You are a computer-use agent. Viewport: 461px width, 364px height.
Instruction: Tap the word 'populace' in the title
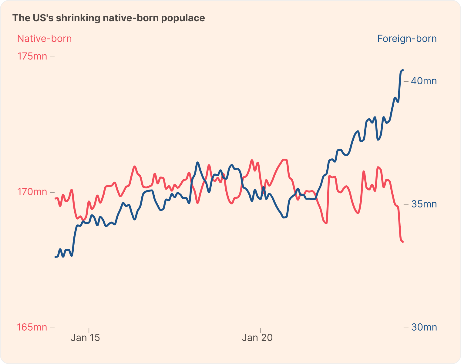coord(183,18)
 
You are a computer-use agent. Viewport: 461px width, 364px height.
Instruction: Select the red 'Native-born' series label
coord(45,39)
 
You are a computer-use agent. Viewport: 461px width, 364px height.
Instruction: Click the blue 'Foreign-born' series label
coord(407,39)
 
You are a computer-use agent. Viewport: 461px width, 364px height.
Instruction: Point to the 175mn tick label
coord(32,56)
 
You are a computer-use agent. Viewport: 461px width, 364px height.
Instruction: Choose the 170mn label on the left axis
coord(32,192)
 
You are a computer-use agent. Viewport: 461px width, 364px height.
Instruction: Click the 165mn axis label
coord(32,327)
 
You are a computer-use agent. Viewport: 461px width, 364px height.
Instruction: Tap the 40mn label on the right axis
coord(424,81)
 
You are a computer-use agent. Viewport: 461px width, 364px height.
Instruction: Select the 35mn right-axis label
coord(424,204)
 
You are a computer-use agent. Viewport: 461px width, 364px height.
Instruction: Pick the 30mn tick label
coord(424,327)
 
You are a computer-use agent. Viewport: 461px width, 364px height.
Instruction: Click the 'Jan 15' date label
coord(85,338)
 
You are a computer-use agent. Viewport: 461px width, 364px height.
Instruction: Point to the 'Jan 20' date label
coord(257,338)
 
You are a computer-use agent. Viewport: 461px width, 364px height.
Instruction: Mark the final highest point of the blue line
coord(403,70)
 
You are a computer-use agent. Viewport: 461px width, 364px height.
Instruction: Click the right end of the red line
coord(403,242)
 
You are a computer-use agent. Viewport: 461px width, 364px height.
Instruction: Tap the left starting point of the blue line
coord(55,257)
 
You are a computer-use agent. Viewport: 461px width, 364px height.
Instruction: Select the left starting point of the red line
coord(55,198)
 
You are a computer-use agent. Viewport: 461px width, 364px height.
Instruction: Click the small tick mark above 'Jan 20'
coord(261,330)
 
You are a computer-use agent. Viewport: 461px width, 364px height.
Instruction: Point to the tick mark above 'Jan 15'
coord(89,330)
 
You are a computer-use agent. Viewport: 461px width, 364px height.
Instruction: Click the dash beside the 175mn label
coord(52,57)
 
